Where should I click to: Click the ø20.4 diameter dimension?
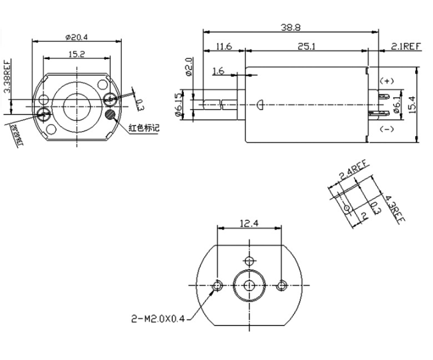click(x=76, y=36)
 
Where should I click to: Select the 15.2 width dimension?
click(x=76, y=54)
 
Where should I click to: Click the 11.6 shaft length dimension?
click(x=224, y=47)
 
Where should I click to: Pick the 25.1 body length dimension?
click(x=307, y=47)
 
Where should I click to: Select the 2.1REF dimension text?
click(x=406, y=47)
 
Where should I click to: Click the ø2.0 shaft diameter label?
click(x=189, y=66)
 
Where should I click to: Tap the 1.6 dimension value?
click(x=218, y=71)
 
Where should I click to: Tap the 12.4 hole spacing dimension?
click(x=249, y=223)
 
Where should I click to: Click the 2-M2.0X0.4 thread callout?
click(x=157, y=319)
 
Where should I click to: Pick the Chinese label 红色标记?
click(x=144, y=129)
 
